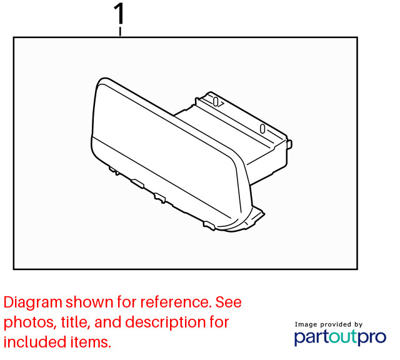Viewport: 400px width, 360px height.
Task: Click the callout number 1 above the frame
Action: click(119, 14)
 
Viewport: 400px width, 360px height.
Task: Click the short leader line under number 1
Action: click(120, 32)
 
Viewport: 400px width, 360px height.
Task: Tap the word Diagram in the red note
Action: click(32, 302)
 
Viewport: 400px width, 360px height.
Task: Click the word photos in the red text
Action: click(29, 322)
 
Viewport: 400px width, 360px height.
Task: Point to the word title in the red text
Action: click(75, 322)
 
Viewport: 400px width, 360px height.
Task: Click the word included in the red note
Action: click(35, 342)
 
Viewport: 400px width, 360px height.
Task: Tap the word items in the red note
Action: click(91, 342)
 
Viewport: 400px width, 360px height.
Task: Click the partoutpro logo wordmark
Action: click(340, 337)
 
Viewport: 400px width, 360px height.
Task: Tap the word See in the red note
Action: click(229, 302)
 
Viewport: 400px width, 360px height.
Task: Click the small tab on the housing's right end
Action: click(290, 144)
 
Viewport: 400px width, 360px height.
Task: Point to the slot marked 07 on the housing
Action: click(218, 102)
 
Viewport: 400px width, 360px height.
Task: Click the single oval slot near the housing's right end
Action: click(262, 129)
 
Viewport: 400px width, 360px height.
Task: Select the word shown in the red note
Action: click(89, 302)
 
